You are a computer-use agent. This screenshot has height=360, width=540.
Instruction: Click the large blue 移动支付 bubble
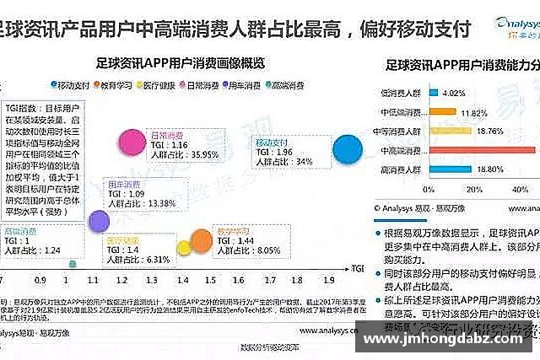(348, 149)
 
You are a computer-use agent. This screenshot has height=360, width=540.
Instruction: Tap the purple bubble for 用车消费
(99, 221)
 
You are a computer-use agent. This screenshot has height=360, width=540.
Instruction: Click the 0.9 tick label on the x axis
(41, 279)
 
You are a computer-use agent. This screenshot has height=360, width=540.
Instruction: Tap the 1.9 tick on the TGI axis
(330, 279)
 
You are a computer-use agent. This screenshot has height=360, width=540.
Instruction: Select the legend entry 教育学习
(116, 84)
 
